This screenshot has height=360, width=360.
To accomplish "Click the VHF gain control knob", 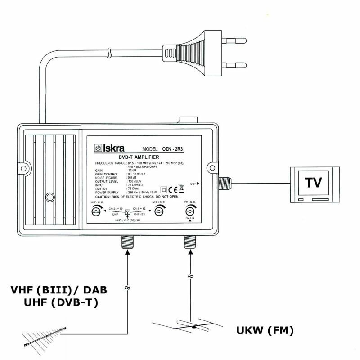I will pos(157,208).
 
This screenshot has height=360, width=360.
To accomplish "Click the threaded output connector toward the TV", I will pos(224,183).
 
